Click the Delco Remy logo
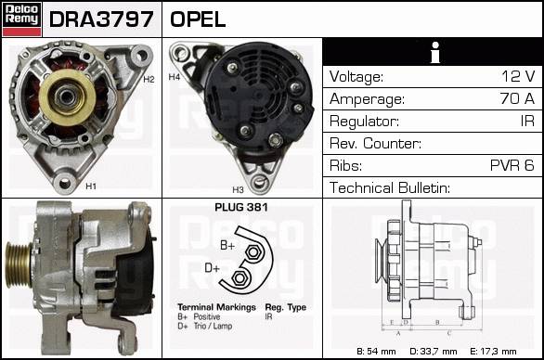click(21, 19)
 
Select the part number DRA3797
click(101, 19)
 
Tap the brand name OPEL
click(198, 19)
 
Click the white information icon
click(435, 52)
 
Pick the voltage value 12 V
click(518, 76)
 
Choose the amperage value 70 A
click(517, 98)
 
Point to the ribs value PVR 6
click(512, 165)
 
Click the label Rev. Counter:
click(375, 143)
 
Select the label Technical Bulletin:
click(390, 187)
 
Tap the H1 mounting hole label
click(91, 186)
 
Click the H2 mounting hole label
click(149, 80)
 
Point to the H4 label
click(175, 77)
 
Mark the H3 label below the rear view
click(238, 189)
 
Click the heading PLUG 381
click(241, 207)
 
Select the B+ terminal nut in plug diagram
click(253, 252)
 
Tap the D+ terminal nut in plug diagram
click(239, 277)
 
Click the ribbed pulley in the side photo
click(19, 264)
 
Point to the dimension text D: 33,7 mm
click(434, 352)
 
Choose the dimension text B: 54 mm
click(376, 352)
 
